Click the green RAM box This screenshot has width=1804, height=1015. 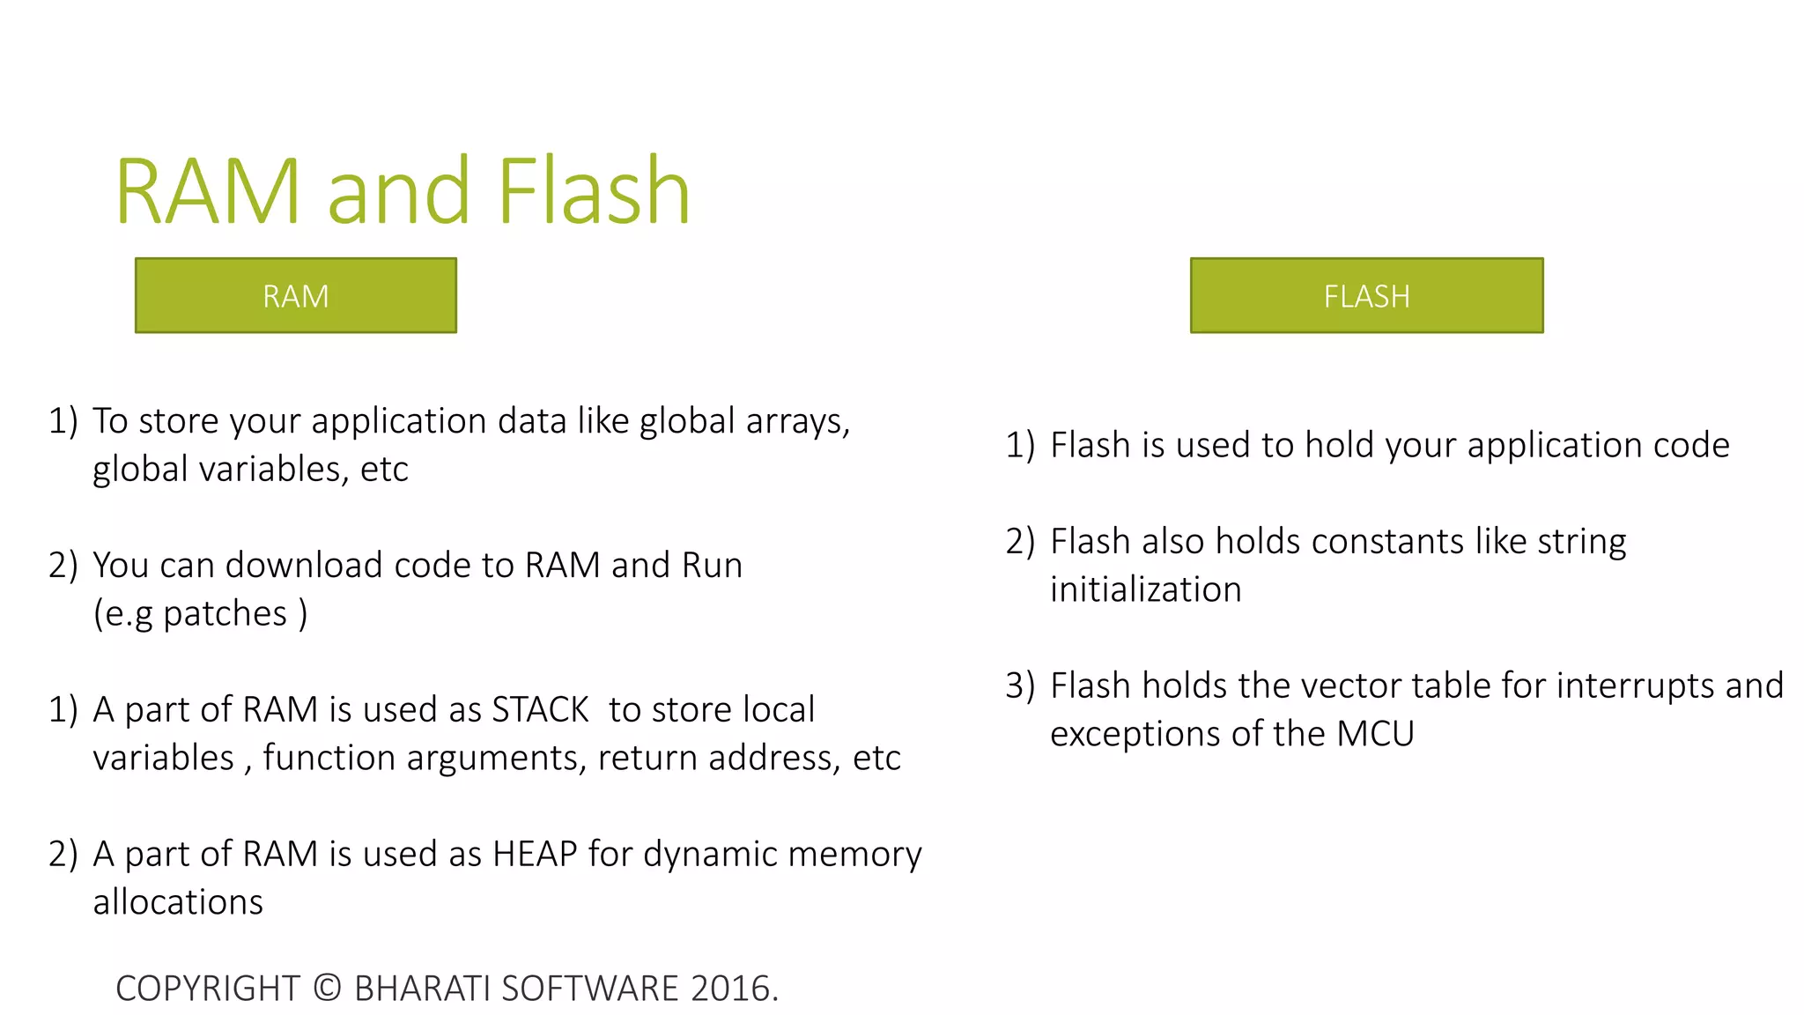click(295, 295)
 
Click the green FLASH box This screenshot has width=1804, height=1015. click(1366, 295)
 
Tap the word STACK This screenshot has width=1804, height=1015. click(540, 710)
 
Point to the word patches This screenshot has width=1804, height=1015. click(225, 614)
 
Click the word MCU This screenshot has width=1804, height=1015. click(1375, 734)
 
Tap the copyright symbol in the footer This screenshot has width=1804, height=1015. click(327, 989)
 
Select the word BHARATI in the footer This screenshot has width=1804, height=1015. click(422, 989)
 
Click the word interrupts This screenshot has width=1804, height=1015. click(1635, 686)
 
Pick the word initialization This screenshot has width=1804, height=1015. click(1145, 590)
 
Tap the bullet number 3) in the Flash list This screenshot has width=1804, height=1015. click(1019, 686)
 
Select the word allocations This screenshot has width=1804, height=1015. click(178, 903)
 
